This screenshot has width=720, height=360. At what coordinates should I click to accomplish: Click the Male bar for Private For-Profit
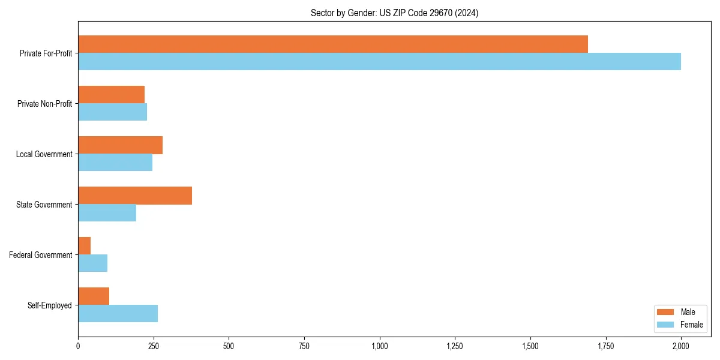click(333, 44)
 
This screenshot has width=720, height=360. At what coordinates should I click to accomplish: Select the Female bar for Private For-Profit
click(379, 61)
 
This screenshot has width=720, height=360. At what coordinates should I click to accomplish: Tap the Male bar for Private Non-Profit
click(111, 94)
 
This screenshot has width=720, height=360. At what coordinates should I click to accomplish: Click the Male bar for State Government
click(135, 195)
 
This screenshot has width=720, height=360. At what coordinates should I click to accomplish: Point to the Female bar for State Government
click(107, 212)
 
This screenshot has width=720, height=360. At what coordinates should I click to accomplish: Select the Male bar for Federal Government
click(84, 245)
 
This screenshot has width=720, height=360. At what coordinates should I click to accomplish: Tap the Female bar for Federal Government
click(92, 263)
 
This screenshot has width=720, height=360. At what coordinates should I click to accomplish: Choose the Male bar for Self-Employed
click(94, 296)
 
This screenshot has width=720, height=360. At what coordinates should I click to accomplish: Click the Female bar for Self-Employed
click(118, 313)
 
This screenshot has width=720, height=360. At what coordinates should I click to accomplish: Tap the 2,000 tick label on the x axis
click(681, 346)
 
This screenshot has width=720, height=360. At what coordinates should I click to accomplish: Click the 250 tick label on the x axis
click(153, 346)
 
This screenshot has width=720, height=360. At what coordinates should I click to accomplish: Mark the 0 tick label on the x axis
click(78, 346)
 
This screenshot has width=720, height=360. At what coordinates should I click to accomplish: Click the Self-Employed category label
click(50, 305)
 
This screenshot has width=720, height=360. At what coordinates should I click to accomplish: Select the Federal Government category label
click(41, 255)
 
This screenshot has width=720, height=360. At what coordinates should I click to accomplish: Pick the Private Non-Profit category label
click(44, 104)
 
